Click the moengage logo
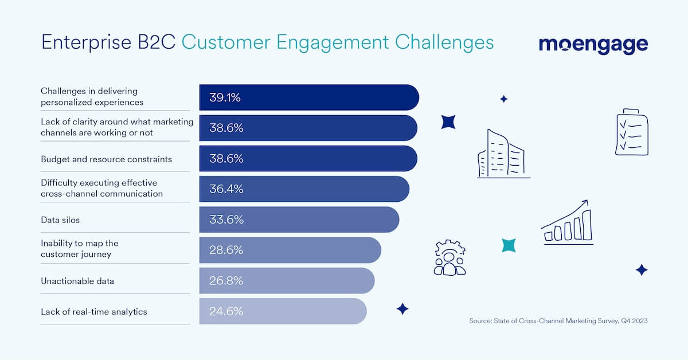point(593,44)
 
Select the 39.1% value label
point(225,97)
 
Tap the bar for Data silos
point(298,220)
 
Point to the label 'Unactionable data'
point(77,281)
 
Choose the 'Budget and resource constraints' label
point(106,159)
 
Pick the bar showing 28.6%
point(290,250)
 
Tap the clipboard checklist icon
point(631,132)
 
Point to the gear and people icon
point(450,258)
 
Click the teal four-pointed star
point(509,245)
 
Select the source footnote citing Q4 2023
point(558,322)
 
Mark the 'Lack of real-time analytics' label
point(94,311)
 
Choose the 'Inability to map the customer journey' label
point(80,248)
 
